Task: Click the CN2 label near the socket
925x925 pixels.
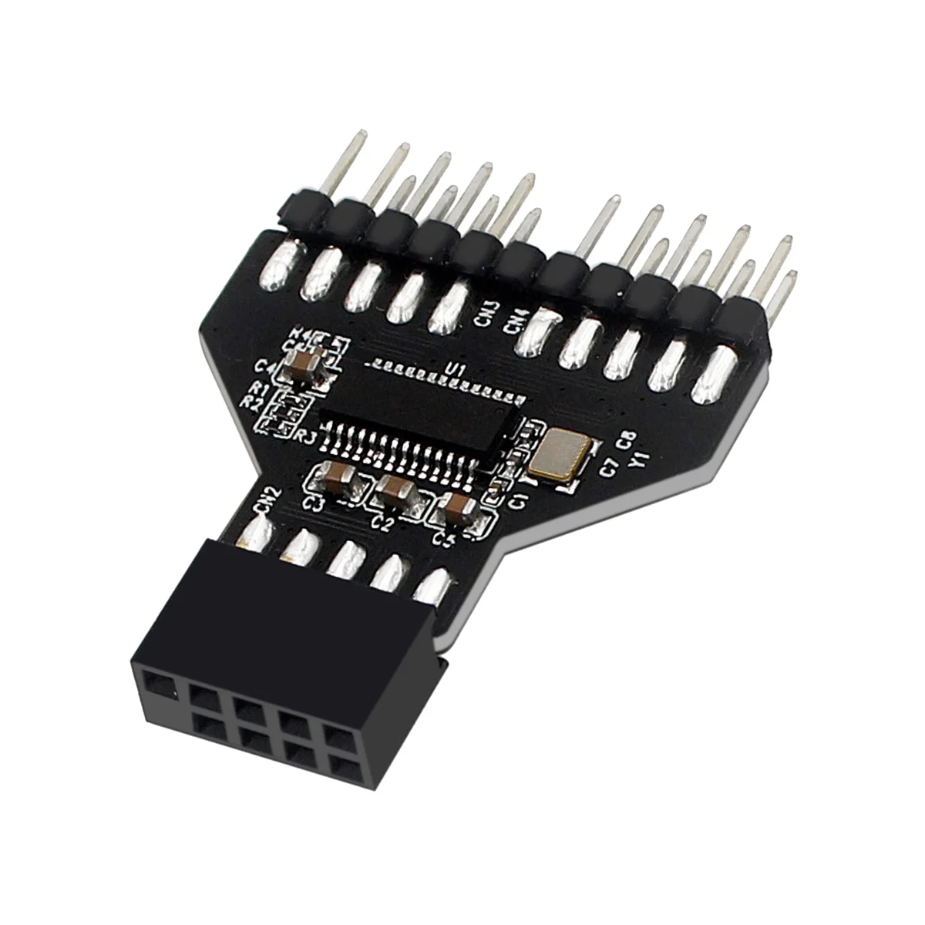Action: [x=264, y=502]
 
